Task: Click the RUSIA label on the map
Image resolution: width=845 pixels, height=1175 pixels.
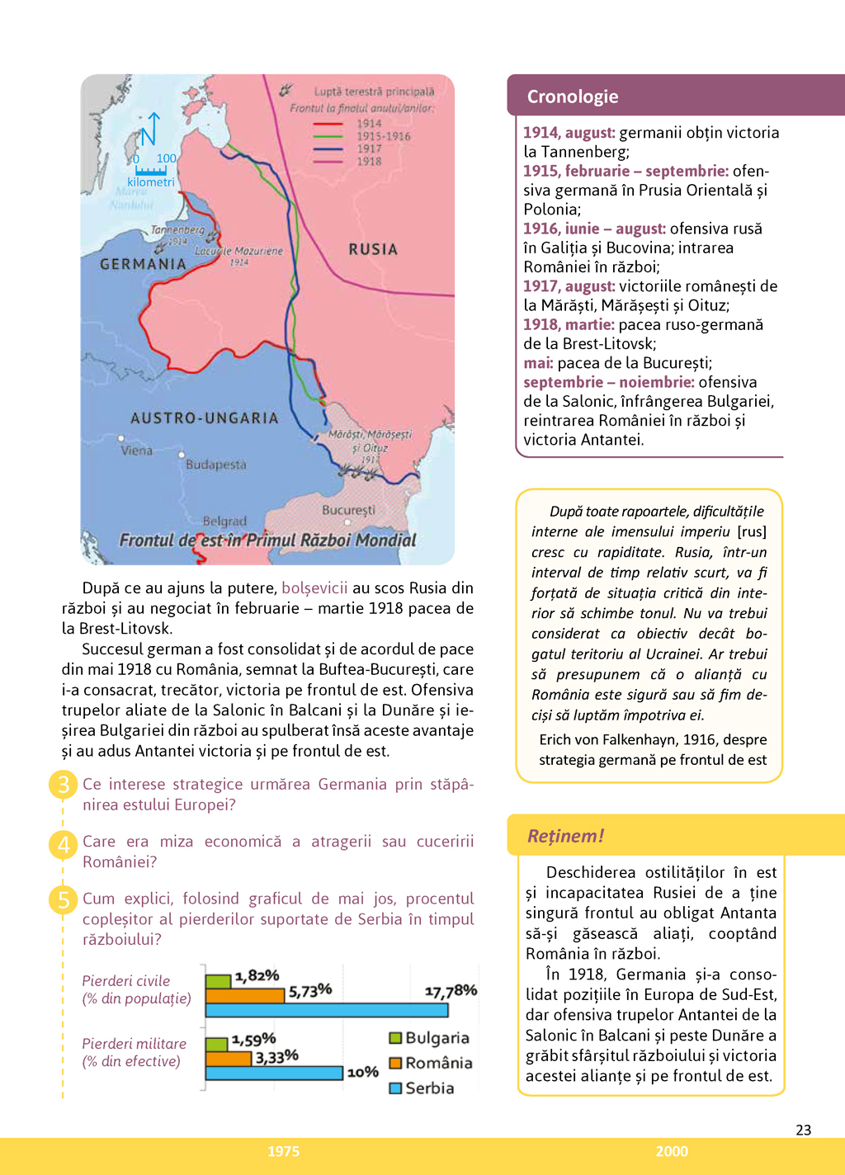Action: (x=373, y=249)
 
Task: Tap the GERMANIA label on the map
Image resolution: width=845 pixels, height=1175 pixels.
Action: (x=143, y=264)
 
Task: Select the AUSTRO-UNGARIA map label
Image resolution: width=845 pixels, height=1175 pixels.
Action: (x=205, y=418)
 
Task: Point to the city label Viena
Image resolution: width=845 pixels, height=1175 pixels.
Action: (x=137, y=451)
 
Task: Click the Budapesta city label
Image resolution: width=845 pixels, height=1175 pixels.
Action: (x=216, y=465)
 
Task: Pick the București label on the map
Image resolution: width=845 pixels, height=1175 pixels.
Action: (x=348, y=510)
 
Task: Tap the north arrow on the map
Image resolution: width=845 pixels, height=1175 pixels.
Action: (x=150, y=129)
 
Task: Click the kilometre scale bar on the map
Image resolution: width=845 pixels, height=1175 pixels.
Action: (x=151, y=170)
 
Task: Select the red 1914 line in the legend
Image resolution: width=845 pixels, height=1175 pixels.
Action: (x=328, y=124)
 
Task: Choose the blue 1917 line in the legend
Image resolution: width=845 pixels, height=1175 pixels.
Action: (x=328, y=149)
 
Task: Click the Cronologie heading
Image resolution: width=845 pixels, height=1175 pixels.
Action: (x=573, y=97)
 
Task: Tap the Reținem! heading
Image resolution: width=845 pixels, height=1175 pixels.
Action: (x=566, y=836)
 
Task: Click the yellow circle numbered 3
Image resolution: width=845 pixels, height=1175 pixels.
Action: (x=64, y=784)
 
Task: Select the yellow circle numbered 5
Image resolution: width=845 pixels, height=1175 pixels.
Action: (x=64, y=899)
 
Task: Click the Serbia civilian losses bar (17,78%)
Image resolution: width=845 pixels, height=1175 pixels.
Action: (x=327, y=1010)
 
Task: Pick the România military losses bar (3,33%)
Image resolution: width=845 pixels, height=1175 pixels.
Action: (x=229, y=1059)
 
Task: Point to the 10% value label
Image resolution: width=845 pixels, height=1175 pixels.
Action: (x=363, y=1072)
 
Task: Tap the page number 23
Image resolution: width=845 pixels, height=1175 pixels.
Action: (x=803, y=1130)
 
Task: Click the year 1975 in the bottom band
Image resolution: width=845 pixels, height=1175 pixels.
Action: (x=283, y=1151)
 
